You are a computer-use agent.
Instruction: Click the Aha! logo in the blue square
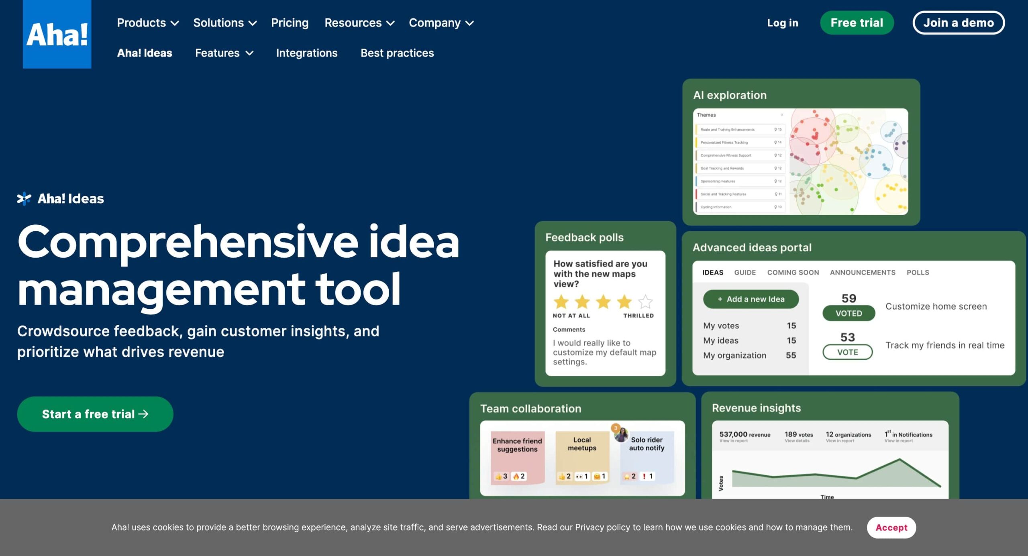57,34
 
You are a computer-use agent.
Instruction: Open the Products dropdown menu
147,23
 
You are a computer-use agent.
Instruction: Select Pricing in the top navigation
290,23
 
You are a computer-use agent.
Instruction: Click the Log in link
782,23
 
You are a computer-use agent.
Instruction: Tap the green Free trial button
857,23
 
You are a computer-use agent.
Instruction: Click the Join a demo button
958,23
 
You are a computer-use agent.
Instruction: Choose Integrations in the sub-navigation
306,53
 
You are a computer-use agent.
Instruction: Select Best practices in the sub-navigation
397,53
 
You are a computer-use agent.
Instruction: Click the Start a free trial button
95,414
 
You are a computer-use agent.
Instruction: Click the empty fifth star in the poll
645,301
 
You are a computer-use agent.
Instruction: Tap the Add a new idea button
751,299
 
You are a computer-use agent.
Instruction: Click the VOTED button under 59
849,313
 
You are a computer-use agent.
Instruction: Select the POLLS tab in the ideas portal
918,273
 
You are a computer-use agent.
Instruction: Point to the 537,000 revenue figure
744,435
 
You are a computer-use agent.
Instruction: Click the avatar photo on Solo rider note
621,434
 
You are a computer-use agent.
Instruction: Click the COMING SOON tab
793,273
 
